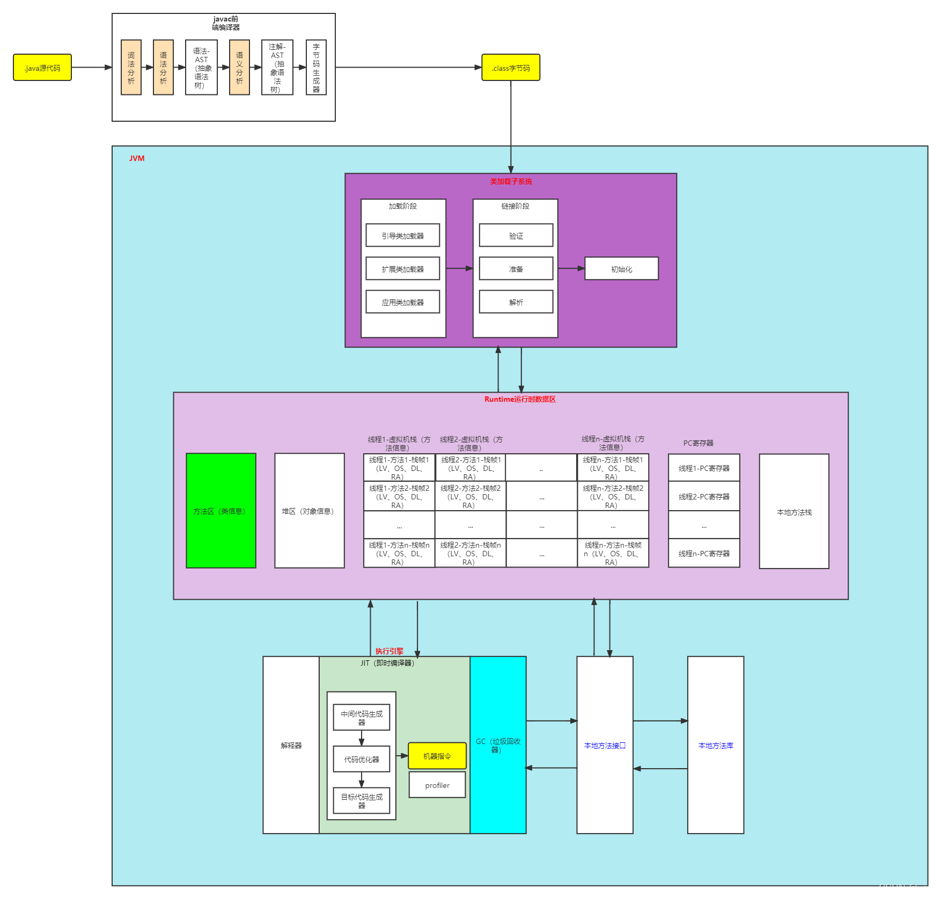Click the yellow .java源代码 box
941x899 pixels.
42,68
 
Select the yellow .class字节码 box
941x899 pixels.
510,68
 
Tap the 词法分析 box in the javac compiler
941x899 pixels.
131,68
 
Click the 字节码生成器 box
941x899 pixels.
316,68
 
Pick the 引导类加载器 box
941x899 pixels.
402,235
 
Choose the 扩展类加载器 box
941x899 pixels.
402,269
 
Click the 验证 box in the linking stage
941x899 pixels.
516,235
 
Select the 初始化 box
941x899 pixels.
621,269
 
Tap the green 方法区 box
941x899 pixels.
220,511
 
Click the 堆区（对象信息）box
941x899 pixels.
309,511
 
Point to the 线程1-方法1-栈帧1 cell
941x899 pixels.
399,468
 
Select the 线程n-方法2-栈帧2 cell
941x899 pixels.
613,496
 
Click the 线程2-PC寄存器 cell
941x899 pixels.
704,497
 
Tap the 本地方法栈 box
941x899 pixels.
794,512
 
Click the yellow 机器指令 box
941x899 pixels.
437,756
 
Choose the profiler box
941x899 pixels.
437,785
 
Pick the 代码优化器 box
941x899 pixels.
361,759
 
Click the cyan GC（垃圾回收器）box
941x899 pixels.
498,745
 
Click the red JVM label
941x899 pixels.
137,158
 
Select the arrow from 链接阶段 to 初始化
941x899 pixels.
571,268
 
